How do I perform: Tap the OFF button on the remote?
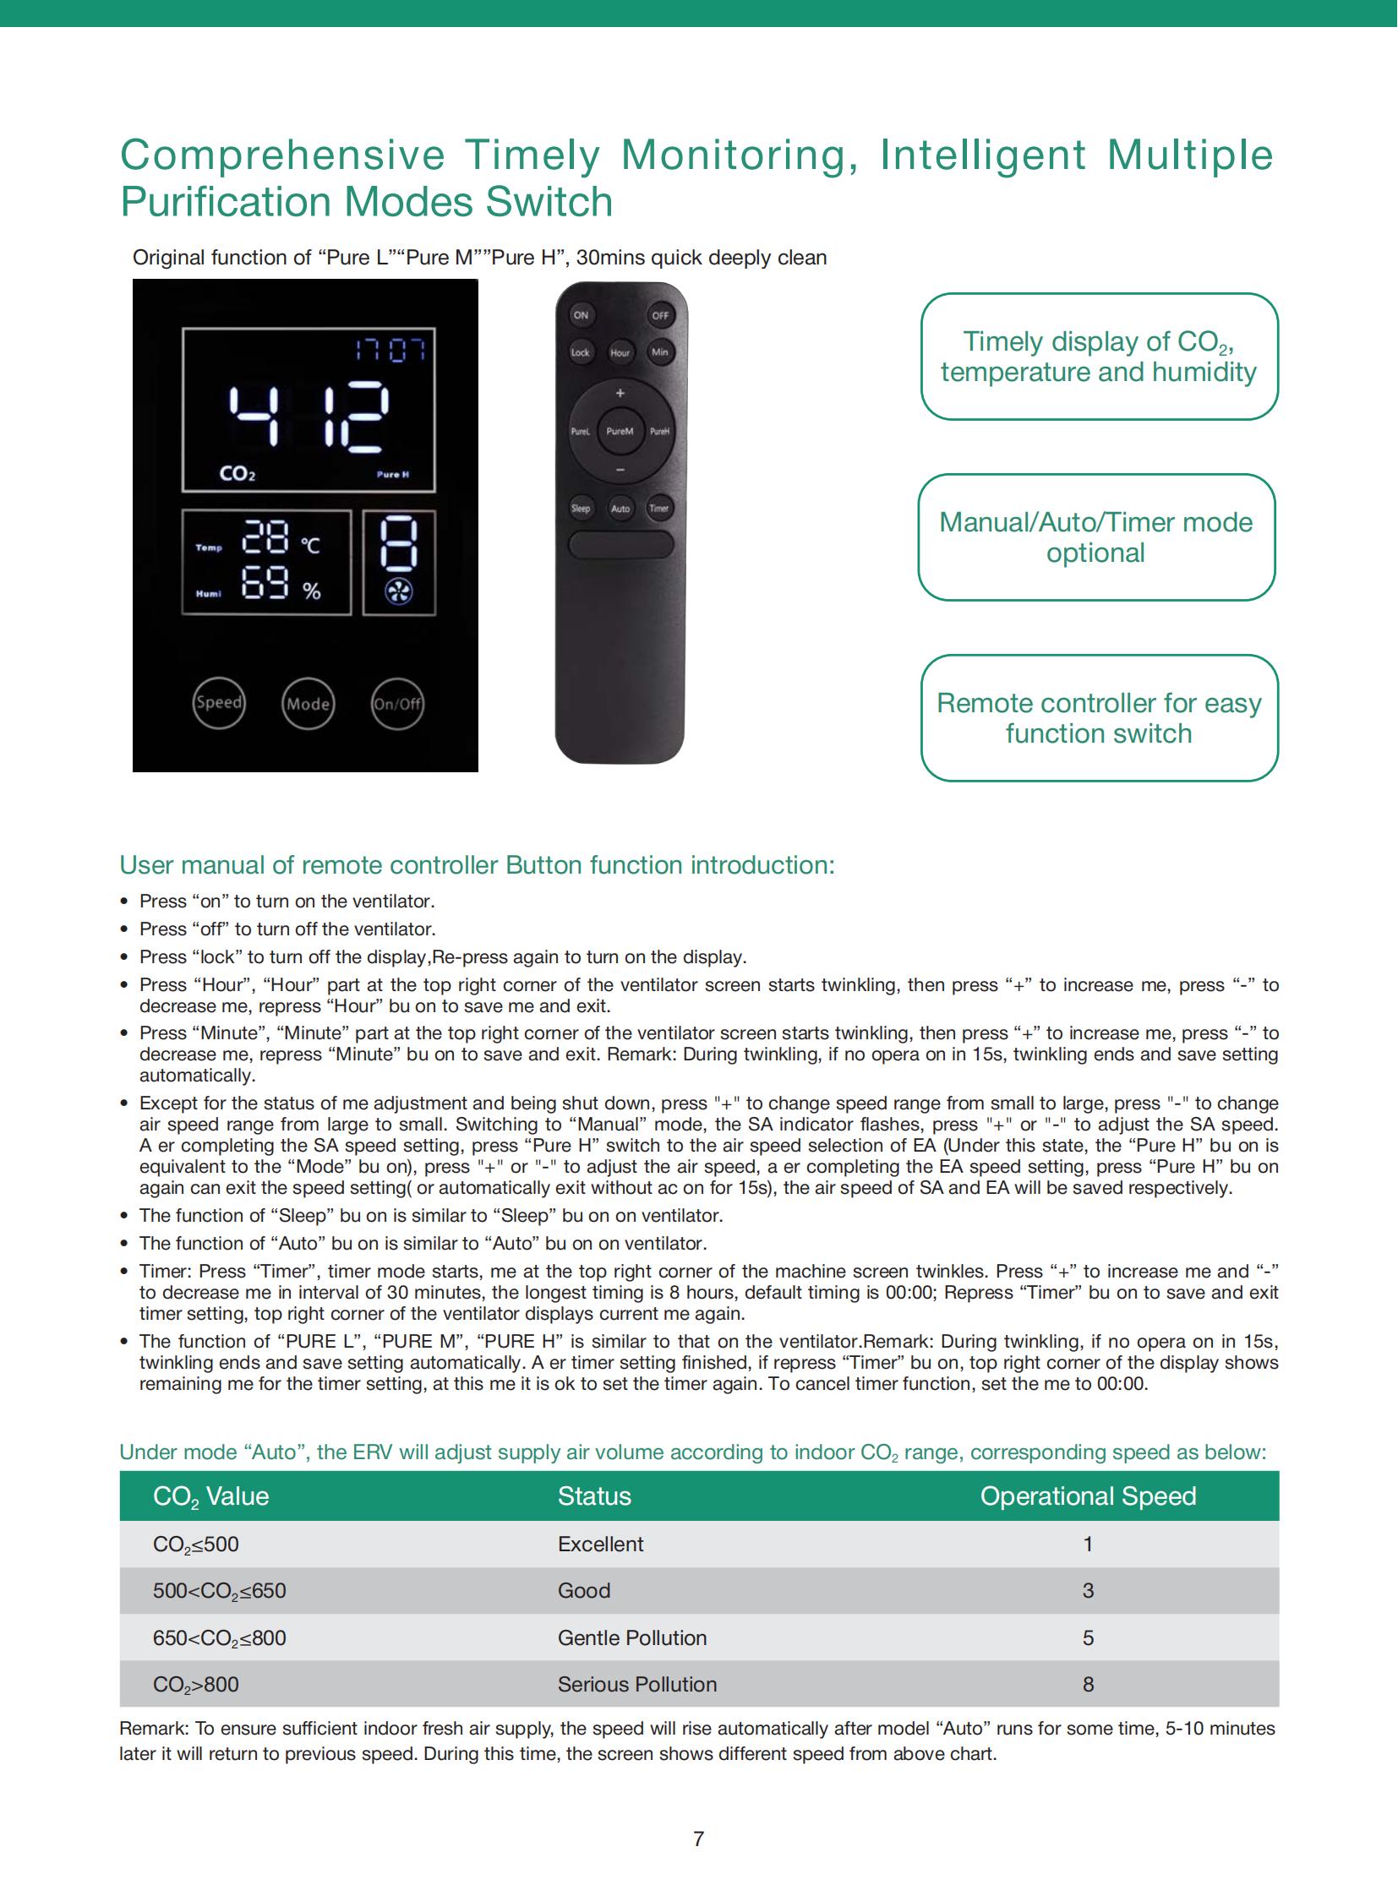click(660, 315)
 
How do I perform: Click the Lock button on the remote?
click(581, 352)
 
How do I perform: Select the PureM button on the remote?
click(620, 432)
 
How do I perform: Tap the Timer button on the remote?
click(659, 509)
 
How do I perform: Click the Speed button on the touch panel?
click(219, 703)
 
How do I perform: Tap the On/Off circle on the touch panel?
click(397, 704)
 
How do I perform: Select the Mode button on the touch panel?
click(308, 704)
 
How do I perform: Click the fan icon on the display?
click(399, 591)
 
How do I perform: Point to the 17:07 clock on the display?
click(391, 350)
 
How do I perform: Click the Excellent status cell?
click(601, 1544)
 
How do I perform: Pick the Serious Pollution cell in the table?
click(637, 1685)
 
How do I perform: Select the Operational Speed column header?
click(1089, 1496)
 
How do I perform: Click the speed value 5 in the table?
click(1089, 1638)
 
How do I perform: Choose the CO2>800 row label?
click(195, 1685)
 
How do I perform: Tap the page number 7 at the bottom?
click(699, 1839)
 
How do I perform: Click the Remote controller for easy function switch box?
click(1100, 718)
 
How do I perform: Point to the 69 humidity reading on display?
click(265, 584)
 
